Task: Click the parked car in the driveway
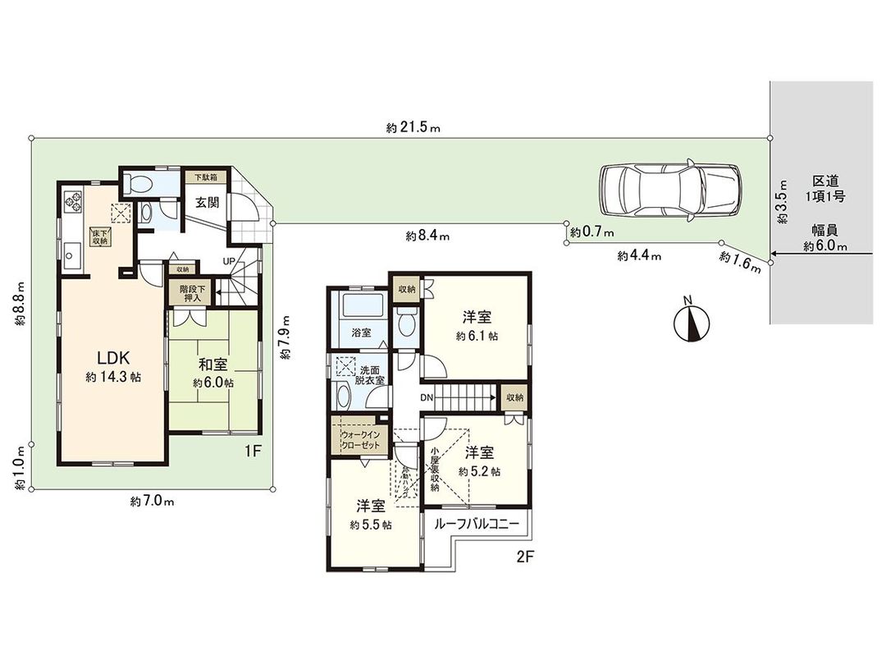pyautogui.click(x=669, y=191)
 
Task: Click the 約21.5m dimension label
pyautogui.click(x=413, y=128)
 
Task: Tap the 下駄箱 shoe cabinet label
pyautogui.click(x=204, y=177)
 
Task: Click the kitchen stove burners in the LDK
pyautogui.click(x=71, y=200)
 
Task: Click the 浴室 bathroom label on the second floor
pyautogui.click(x=362, y=333)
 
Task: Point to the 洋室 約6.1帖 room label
pyautogui.click(x=477, y=326)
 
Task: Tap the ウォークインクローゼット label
pyautogui.click(x=359, y=439)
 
